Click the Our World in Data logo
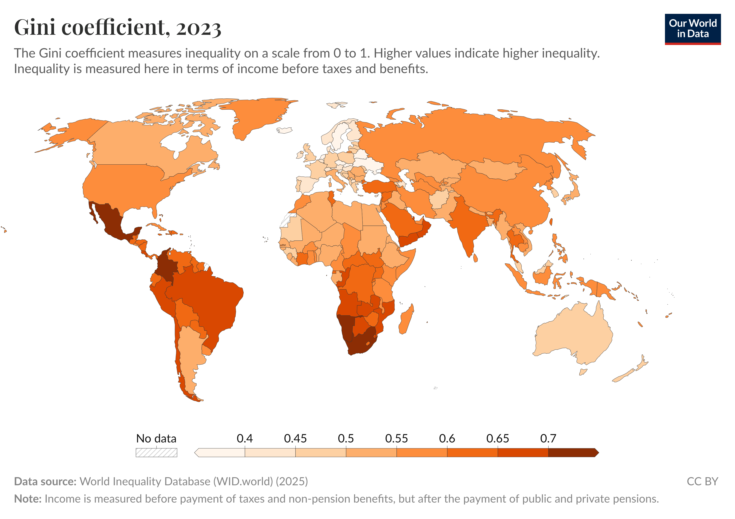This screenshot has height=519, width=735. pos(692,29)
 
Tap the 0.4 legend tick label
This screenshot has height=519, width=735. pos(244,438)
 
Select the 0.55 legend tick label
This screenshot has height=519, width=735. pos(396,438)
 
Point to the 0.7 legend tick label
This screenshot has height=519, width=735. pos(548,438)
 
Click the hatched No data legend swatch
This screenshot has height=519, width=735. pos(156,452)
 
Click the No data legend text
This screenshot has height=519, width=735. pos(156,438)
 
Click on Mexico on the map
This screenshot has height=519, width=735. pos(110,221)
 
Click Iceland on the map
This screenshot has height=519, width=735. pos(284,130)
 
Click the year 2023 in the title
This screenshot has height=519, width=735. pos(198,28)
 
